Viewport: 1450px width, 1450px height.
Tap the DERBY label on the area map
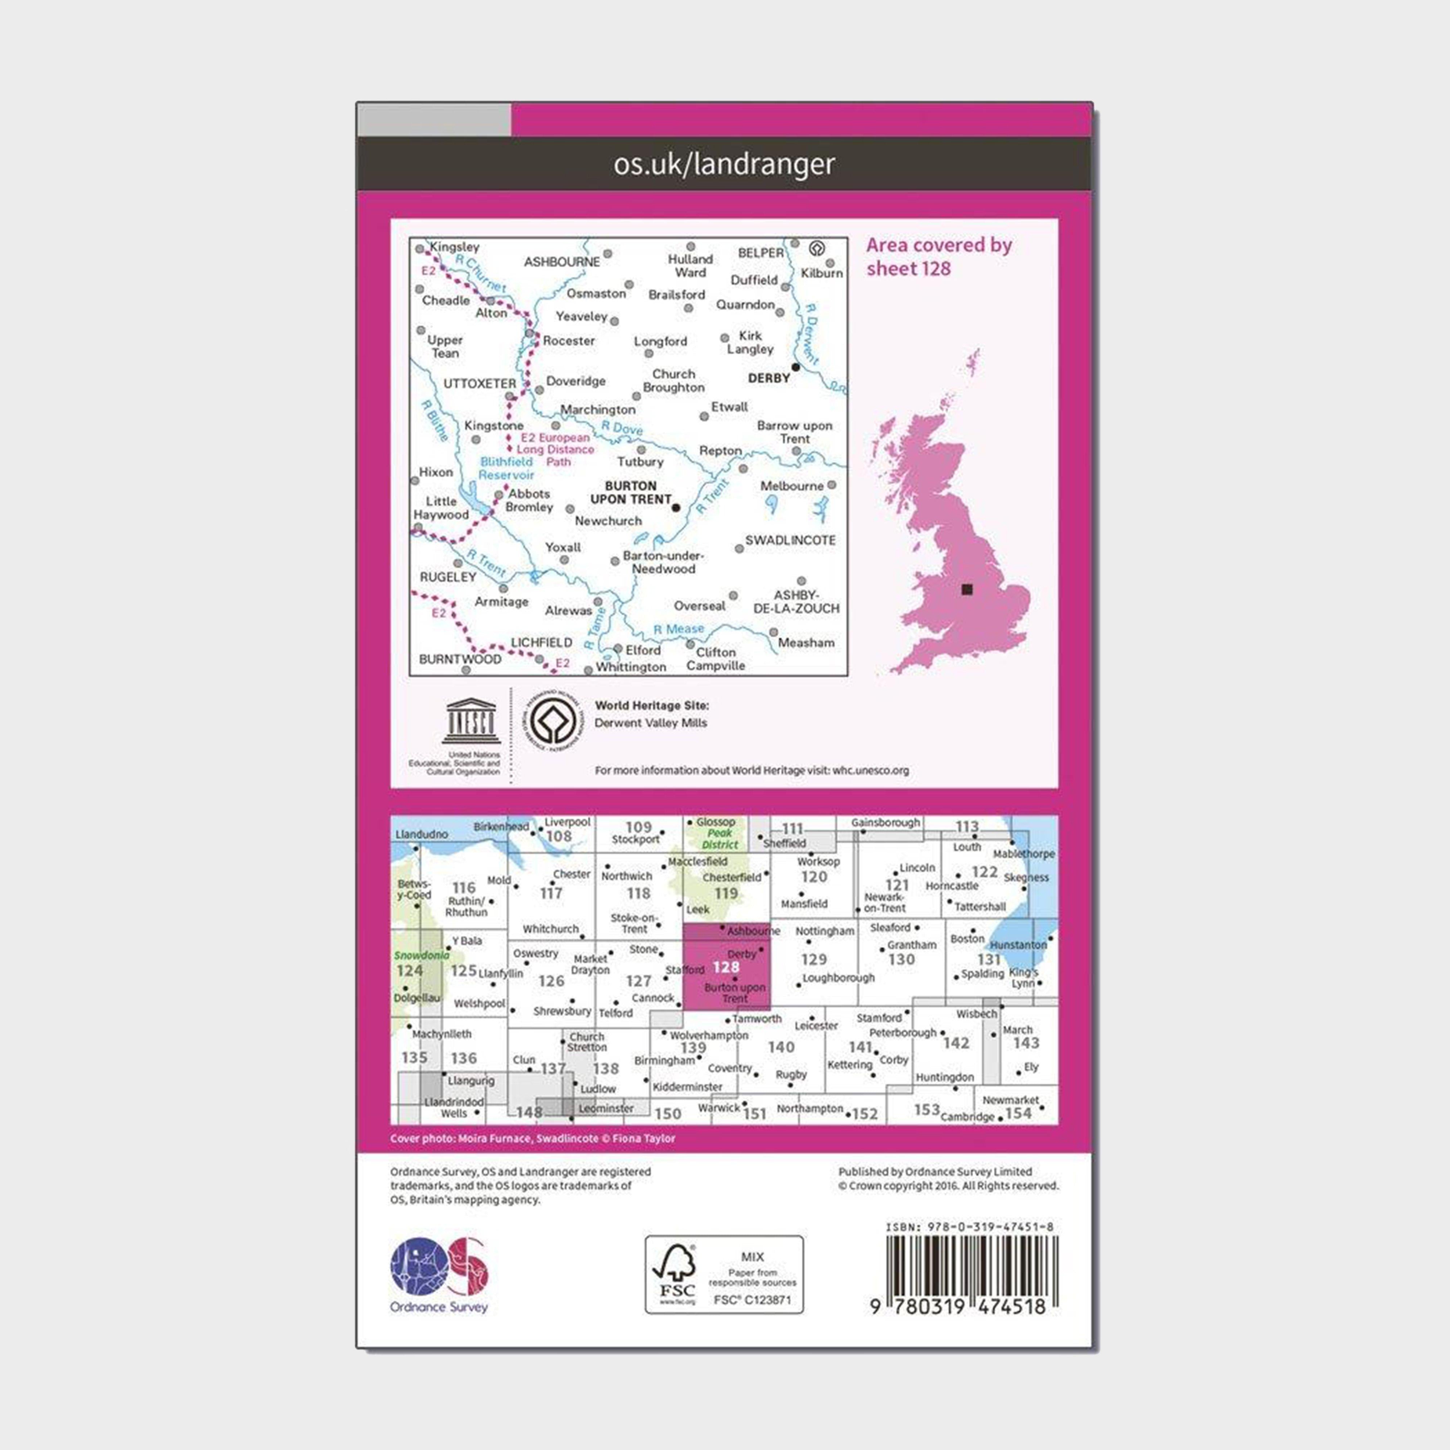[x=768, y=378]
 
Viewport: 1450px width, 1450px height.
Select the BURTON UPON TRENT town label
[x=630, y=492]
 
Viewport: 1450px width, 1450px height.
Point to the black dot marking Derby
[x=796, y=367]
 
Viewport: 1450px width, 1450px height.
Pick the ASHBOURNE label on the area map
[x=562, y=262]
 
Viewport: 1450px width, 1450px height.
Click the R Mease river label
[x=679, y=629]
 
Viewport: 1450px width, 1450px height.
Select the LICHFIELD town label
[x=541, y=642]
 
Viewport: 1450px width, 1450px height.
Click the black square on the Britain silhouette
[x=967, y=589]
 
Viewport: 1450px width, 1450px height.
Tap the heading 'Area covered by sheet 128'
[x=939, y=257]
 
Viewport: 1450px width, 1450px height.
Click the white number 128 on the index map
[x=726, y=968]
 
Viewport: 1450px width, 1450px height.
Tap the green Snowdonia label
[x=421, y=956]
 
